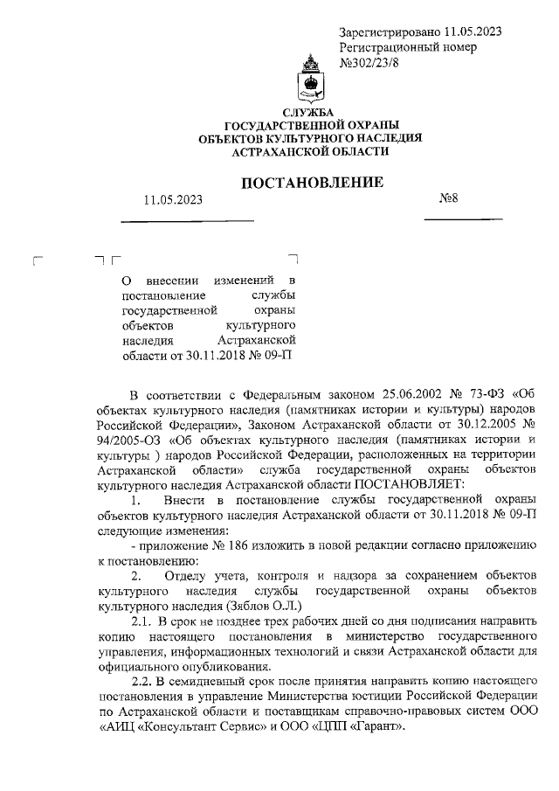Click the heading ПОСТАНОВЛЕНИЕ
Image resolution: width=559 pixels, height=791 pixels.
[312, 183]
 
